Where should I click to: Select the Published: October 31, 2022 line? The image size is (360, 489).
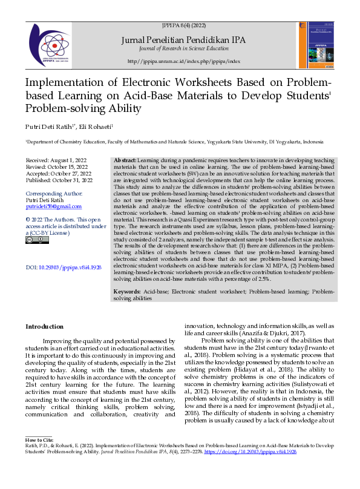pyautogui.click(x=59, y=180)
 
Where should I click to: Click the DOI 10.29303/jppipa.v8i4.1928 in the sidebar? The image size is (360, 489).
pyautogui.click(x=64, y=267)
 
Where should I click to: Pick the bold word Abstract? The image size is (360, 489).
pyautogui.click(x=125, y=159)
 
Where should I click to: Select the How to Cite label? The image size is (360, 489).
pyautogui.click(x=39, y=455)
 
